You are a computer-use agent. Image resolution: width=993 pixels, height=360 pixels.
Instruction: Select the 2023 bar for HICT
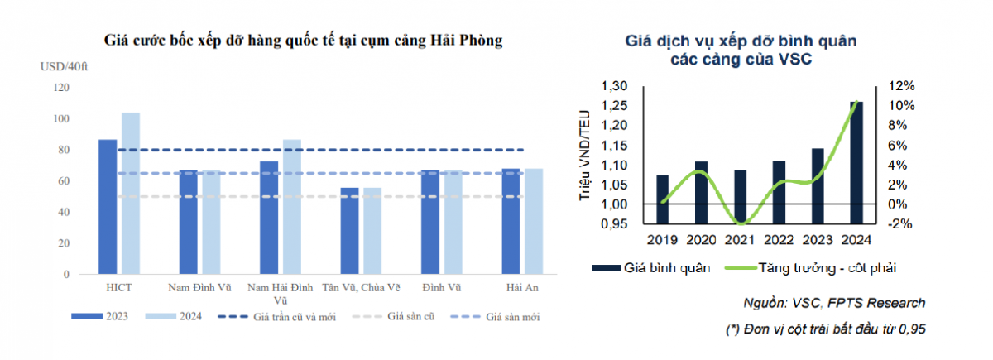tap(108, 207)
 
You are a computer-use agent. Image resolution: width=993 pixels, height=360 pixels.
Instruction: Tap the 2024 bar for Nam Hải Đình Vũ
tap(292, 207)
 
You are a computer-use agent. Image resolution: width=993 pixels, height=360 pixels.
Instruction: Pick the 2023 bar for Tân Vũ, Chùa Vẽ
tap(350, 231)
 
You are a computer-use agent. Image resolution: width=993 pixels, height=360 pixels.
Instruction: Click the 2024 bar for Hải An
tap(535, 221)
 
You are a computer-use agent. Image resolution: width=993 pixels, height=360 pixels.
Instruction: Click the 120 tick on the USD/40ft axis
tap(60, 88)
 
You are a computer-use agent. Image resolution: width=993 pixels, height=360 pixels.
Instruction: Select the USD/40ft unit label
tap(64, 66)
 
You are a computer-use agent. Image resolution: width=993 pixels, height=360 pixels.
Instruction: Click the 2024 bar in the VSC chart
tap(856, 163)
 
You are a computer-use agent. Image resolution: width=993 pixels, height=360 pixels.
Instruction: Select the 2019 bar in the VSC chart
tap(662, 199)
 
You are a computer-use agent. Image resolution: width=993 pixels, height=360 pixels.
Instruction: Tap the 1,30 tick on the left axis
tap(615, 86)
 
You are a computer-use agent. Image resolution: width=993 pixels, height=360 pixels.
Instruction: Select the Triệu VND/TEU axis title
tap(586, 156)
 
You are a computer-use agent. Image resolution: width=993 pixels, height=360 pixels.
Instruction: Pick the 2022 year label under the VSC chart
tap(779, 240)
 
